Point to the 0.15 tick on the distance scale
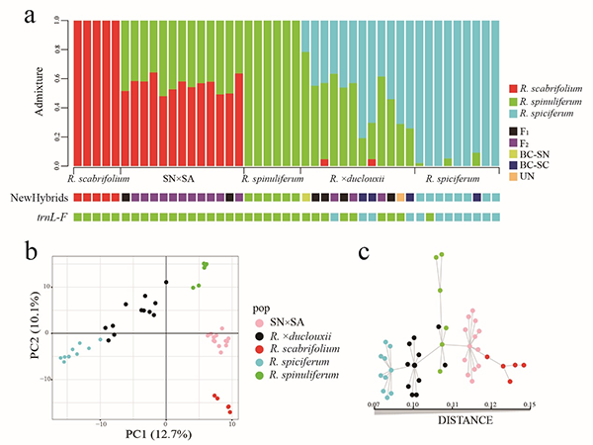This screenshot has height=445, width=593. point(529,404)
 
